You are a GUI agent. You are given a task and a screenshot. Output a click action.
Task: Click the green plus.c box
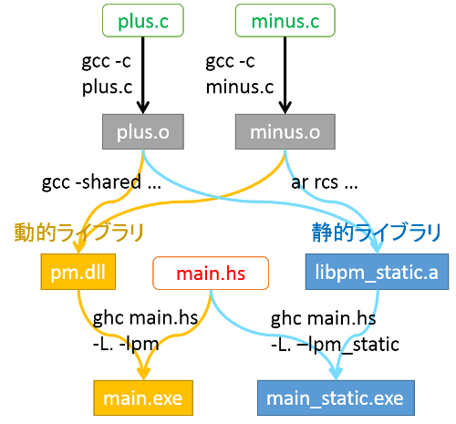pos(142,18)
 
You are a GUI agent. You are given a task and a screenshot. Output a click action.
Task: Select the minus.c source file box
pos(285,18)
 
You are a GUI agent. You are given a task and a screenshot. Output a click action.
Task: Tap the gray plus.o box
pos(142,132)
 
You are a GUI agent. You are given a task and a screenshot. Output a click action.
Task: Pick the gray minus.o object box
pos(285,132)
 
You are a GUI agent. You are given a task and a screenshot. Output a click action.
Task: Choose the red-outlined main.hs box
pos(211,272)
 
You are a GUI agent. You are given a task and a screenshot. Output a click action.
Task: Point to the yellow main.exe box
pos(142,398)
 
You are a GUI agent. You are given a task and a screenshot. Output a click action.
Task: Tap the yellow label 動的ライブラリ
pos(79,233)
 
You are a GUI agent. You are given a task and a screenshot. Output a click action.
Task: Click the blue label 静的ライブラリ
pos(375,233)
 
